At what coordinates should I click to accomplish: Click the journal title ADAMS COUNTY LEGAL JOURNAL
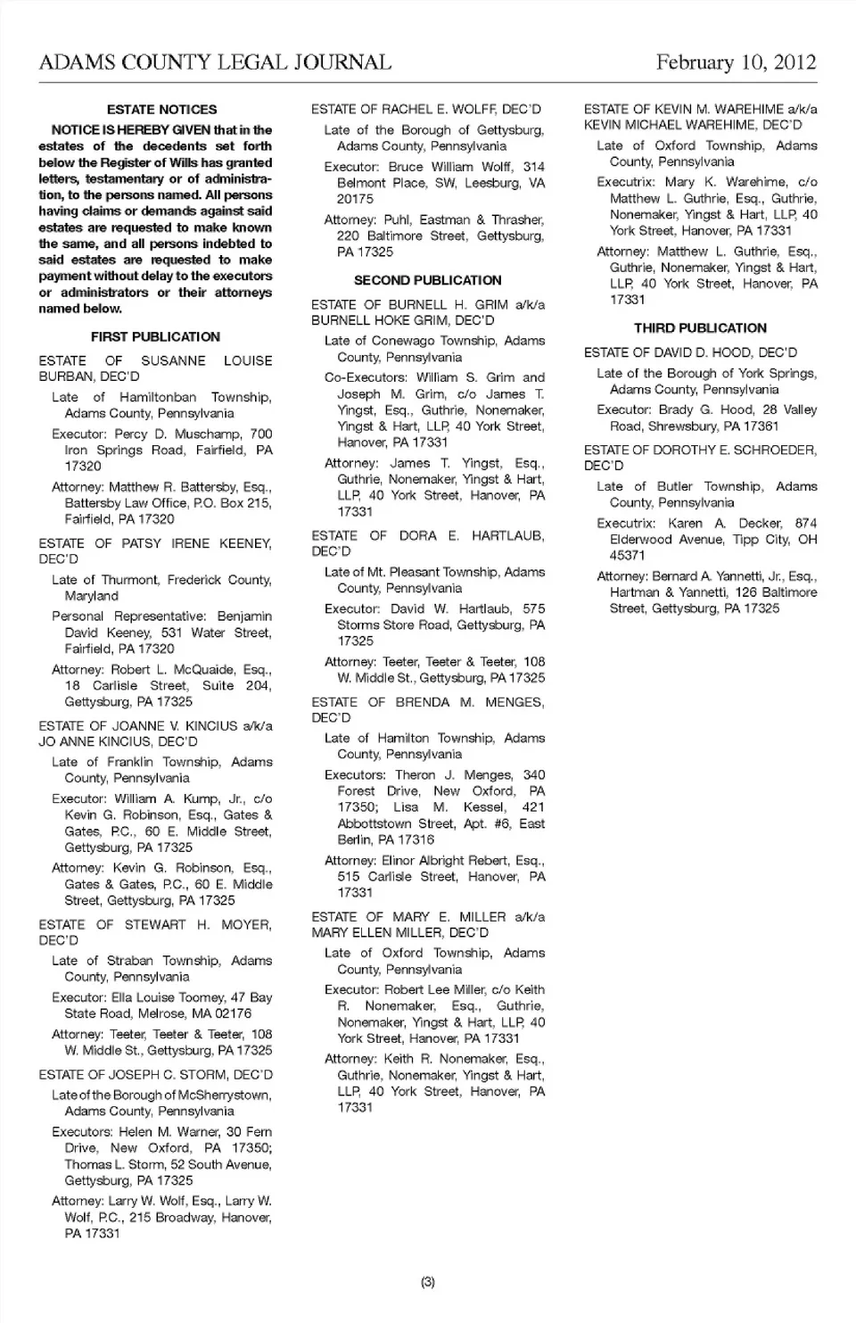click(x=215, y=62)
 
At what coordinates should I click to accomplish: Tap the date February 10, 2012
click(x=736, y=62)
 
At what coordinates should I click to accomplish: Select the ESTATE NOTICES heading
click(x=161, y=110)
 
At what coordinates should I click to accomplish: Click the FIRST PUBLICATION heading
click(x=155, y=336)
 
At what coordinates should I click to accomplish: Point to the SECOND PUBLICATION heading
click(x=428, y=280)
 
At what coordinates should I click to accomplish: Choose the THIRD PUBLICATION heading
click(x=700, y=327)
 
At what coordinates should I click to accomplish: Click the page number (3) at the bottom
click(x=428, y=1282)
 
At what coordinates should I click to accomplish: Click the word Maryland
click(x=91, y=596)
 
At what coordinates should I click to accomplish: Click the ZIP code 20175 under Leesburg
click(x=356, y=199)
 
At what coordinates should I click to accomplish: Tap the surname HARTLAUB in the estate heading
click(x=507, y=535)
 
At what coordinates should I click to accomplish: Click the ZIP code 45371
click(x=628, y=555)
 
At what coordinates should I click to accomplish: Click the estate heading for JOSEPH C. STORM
click(x=155, y=1075)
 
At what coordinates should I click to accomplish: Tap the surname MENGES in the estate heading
click(x=514, y=702)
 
